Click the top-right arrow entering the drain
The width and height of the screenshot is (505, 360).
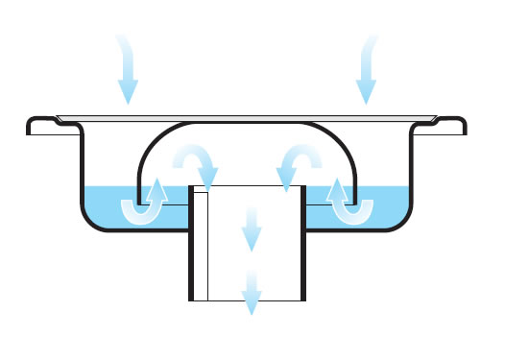pos(366,72)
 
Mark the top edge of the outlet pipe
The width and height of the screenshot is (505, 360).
pos(250,185)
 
